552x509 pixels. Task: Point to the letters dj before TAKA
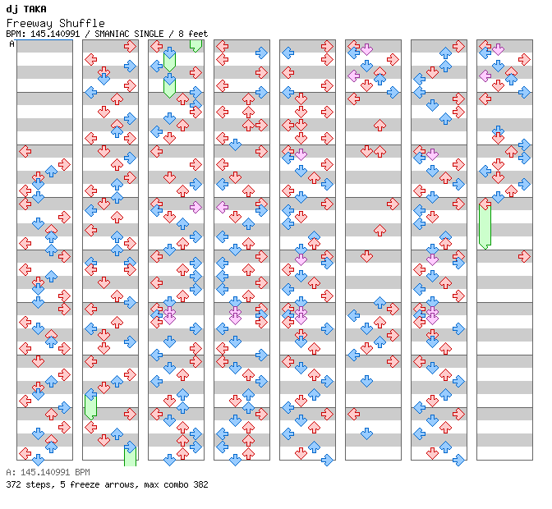(11, 9)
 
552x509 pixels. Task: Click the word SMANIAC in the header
(111, 34)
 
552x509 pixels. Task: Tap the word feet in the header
(198, 34)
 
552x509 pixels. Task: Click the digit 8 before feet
(182, 34)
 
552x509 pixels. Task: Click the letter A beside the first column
(12, 44)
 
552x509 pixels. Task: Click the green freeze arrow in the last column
(485, 225)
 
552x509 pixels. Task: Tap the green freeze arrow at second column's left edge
(91, 405)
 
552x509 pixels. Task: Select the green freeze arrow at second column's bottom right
(130, 454)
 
